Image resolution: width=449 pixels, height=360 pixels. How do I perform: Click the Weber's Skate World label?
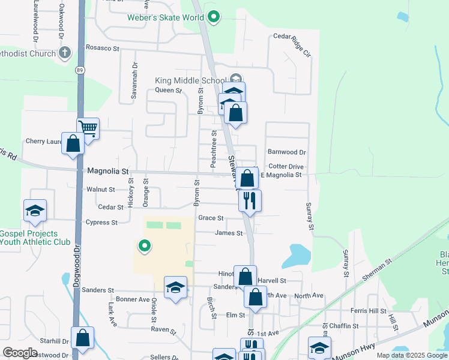(166, 17)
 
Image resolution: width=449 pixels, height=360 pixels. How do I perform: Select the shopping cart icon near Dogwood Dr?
(88, 128)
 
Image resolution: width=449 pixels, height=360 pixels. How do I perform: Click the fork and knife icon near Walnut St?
(250, 199)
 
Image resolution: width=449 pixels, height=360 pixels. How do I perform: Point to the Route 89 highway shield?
(80, 70)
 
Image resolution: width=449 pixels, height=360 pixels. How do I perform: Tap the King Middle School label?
(190, 80)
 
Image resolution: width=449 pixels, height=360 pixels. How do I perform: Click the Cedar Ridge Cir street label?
(292, 45)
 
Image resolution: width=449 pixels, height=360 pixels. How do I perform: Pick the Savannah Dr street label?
(134, 81)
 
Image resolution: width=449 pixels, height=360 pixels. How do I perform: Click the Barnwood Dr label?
(287, 152)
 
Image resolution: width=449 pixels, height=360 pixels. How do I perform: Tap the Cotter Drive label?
(286, 167)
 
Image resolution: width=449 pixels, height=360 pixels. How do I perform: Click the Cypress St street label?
(101, 223)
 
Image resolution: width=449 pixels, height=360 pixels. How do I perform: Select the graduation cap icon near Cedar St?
(35, 211)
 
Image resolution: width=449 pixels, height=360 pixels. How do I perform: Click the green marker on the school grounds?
(144, 245)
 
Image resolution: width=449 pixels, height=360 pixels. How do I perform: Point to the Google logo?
(20, 352)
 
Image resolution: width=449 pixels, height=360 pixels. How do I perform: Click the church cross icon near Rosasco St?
(65, 53)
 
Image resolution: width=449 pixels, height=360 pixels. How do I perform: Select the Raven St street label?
(163, 330)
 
